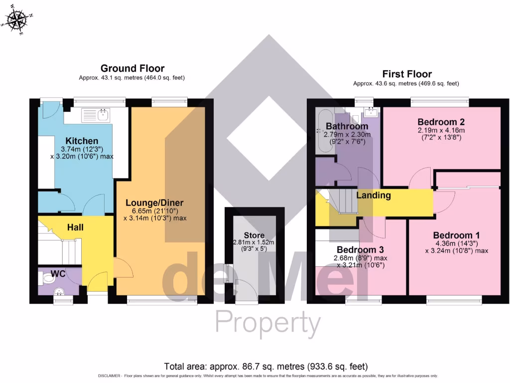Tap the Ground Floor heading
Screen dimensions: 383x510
132,68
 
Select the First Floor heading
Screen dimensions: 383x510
406,74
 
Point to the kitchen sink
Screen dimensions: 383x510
103,115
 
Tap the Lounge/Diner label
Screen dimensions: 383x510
154,203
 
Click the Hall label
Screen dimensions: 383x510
75,227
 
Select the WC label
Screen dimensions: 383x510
58,274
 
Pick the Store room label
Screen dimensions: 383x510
254,235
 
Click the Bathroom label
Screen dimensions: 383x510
347,126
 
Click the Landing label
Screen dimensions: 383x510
373,195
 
